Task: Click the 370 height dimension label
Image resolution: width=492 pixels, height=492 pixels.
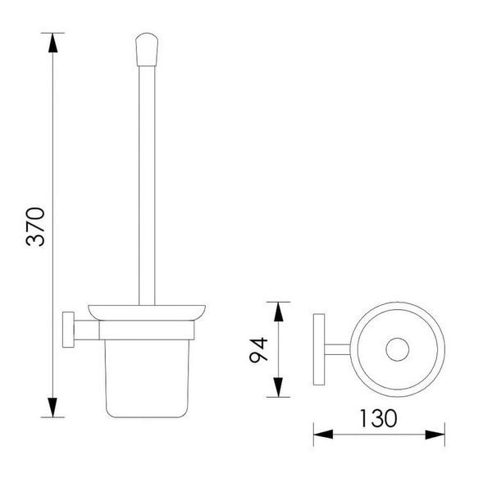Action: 35,226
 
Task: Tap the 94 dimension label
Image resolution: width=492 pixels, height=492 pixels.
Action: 258,350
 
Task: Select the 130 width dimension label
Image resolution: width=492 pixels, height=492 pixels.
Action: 378,418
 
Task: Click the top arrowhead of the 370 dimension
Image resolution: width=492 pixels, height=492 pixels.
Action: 53,43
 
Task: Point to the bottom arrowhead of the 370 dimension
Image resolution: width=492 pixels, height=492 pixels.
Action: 52,408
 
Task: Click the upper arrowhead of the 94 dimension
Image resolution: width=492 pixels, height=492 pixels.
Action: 278,312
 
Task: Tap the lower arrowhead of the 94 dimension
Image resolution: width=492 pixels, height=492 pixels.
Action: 278,387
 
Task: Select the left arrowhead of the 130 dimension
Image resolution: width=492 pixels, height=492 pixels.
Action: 323,435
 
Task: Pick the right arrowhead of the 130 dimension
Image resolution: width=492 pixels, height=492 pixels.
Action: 435,435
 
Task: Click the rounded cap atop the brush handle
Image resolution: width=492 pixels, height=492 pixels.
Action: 147,49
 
